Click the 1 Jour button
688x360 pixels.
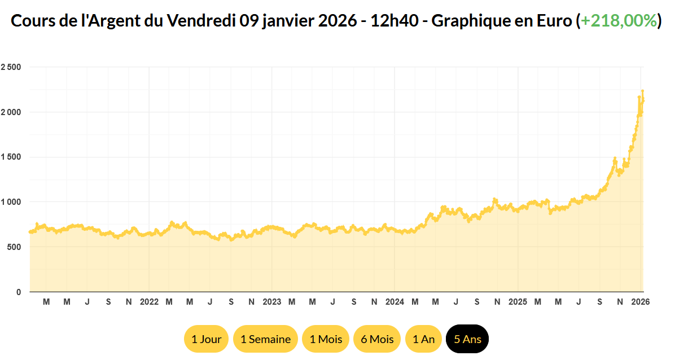tap(206, 339)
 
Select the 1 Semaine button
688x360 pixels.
tap(265, 339)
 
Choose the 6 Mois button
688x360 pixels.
tap(377, 339)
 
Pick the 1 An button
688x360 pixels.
tap(423, 339)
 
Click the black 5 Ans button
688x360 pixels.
tap(467, 339)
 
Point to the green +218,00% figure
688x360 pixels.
tap(619, 21)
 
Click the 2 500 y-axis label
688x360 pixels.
tap(11, 67)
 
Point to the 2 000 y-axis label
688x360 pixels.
tap(11, 112)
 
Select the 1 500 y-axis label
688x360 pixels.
tap(11, 157)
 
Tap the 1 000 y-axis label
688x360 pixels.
tap(11, 202)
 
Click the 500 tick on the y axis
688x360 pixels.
tap(15, 247)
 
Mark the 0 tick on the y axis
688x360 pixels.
tap(19, 292)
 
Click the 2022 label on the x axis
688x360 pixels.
tap(149, 302)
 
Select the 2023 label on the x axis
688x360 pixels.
tap(272, 302)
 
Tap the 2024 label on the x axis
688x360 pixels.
tap(395, 302)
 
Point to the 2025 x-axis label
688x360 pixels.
tap(518, 302)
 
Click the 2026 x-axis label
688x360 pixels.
tap(641, 302)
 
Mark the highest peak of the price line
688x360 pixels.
tap(642, 91)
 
